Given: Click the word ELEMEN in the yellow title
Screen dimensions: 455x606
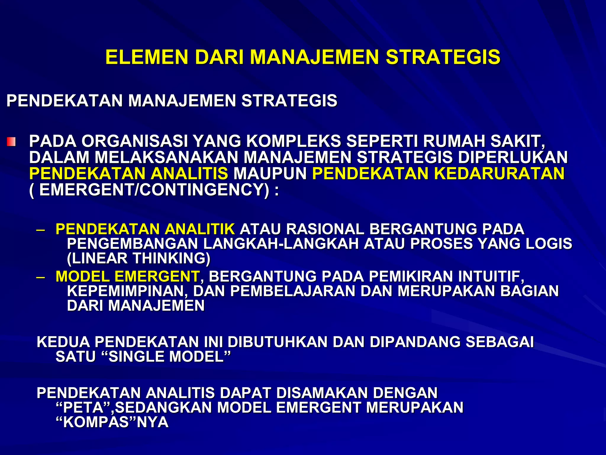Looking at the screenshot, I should [x=147, y=57].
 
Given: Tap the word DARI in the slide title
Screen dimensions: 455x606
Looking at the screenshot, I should [x=219, y=57].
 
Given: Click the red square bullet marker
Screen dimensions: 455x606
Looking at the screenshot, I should [x=11, y=142].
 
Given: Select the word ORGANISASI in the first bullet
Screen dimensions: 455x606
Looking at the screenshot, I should [x=135, y=141].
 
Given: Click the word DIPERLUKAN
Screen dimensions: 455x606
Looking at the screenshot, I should [x=513, y=157].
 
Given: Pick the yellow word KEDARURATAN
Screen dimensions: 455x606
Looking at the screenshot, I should [x=499, y=174].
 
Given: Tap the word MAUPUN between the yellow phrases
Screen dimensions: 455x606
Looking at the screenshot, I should [x=270, y=174].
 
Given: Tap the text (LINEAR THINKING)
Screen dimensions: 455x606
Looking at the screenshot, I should [x=138, y=258].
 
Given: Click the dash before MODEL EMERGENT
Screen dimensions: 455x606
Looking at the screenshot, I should [x=41, y=277].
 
